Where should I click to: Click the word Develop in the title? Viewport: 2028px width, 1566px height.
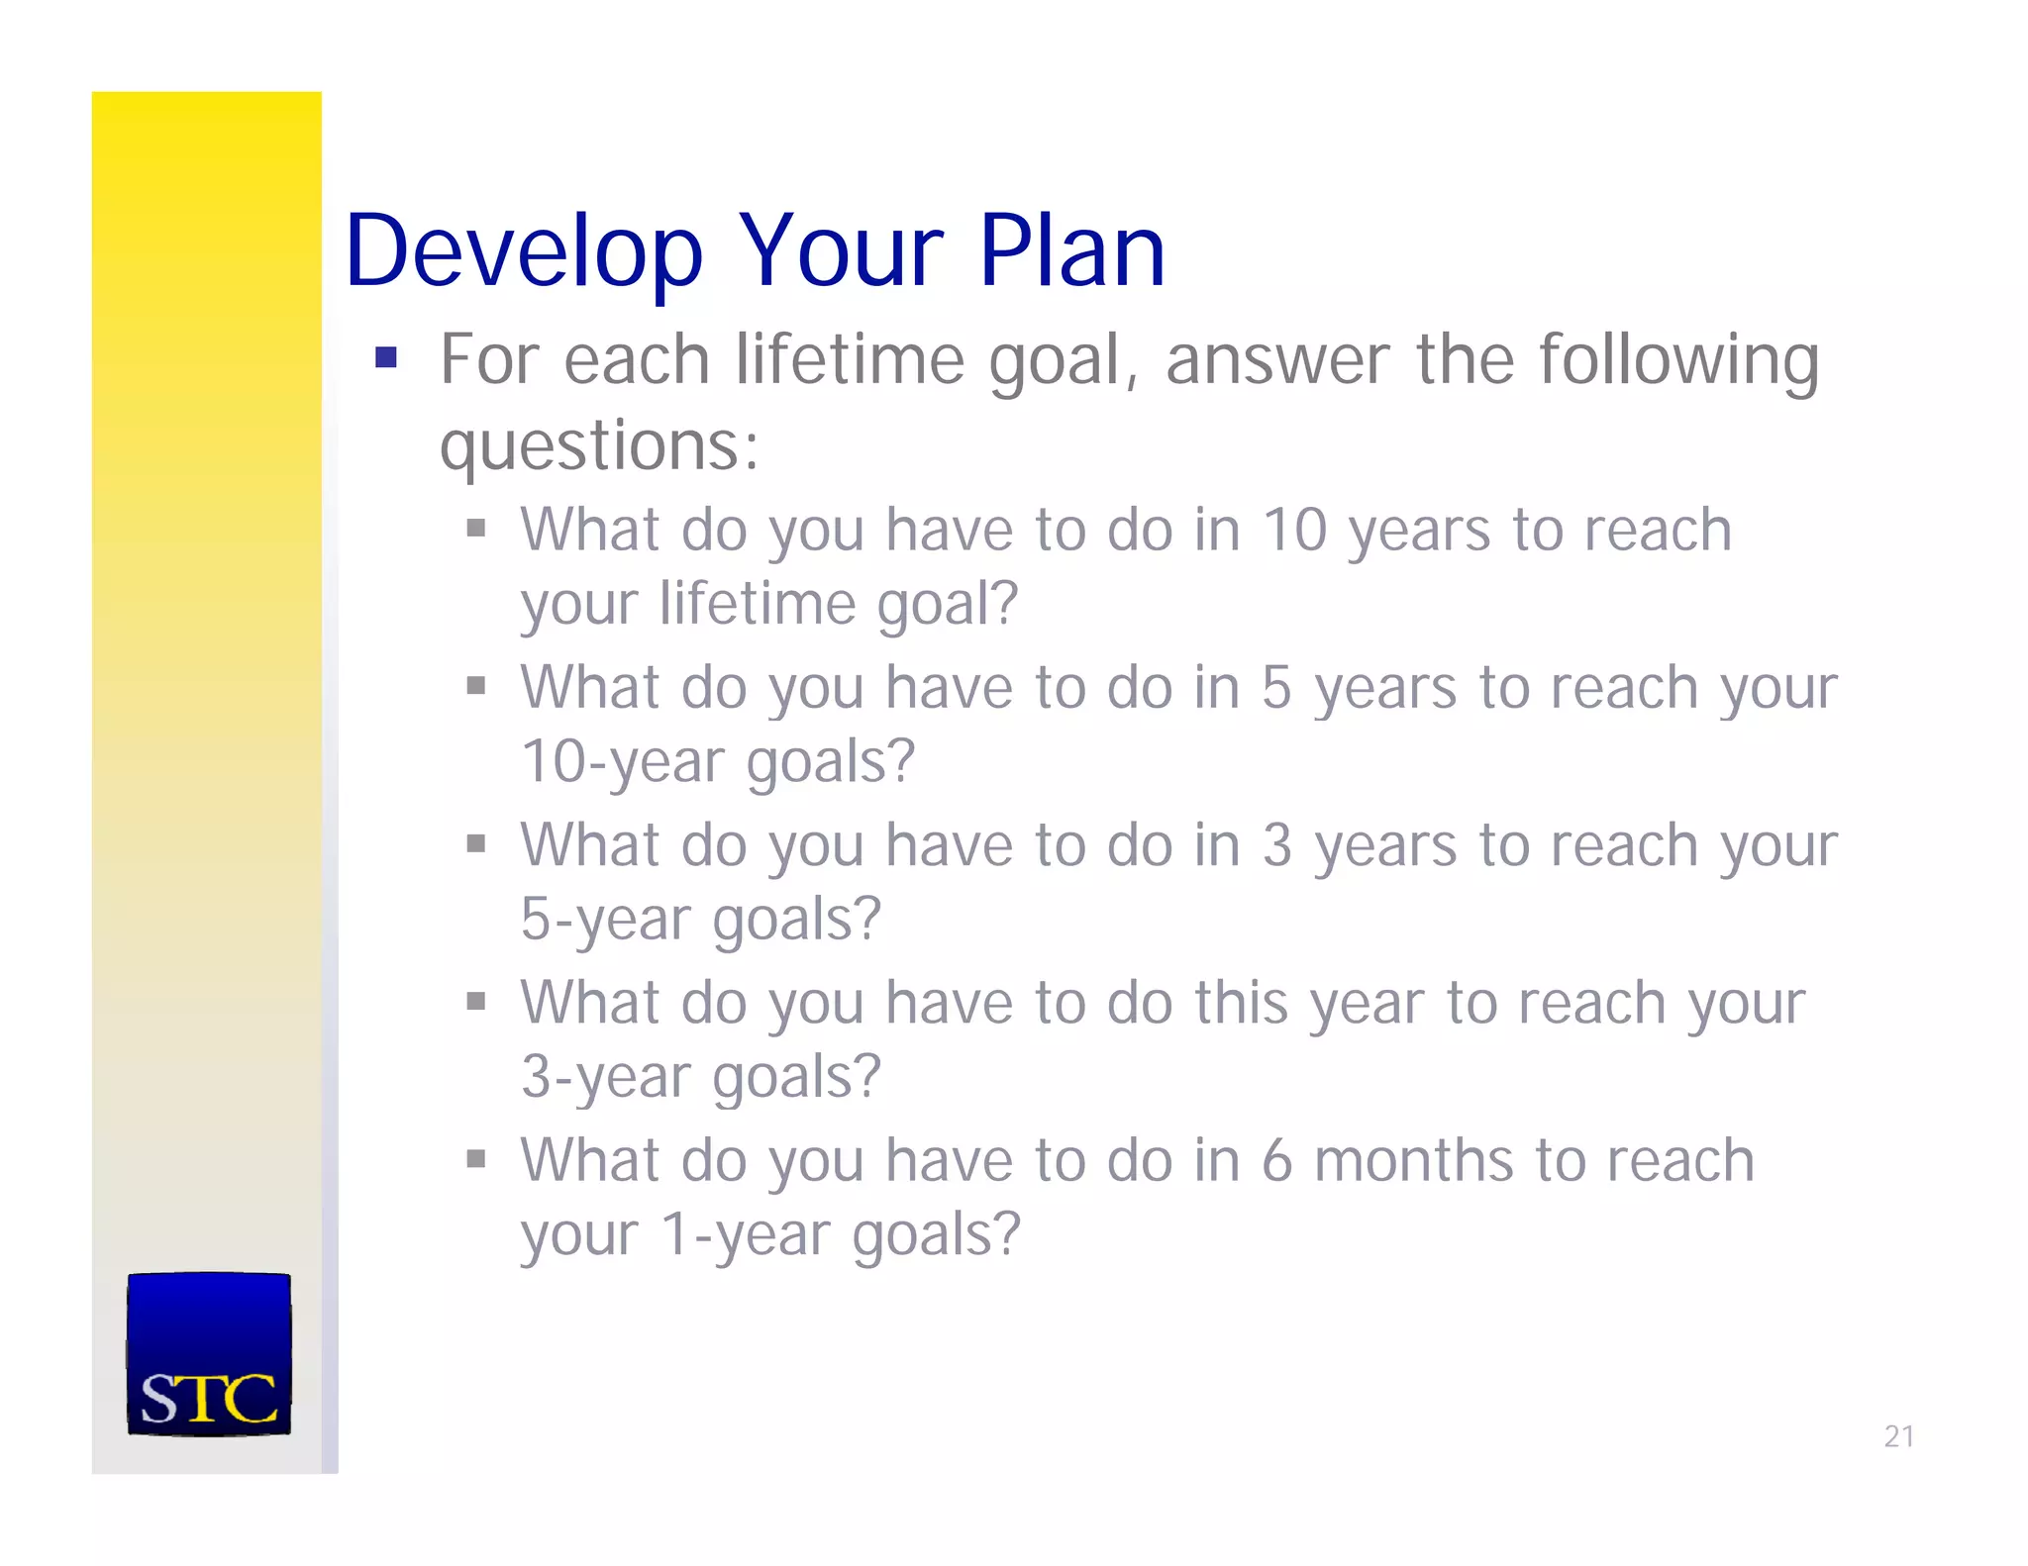pyautogui.click(x=523, y=252)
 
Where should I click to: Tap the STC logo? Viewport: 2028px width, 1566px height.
pyautogui.click(x=209, y=1354)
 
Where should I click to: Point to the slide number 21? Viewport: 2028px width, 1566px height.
pyautogui.click(x=1898, y=1436)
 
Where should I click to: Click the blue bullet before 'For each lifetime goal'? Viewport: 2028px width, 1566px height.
pyautogui.click(x=386, y=357)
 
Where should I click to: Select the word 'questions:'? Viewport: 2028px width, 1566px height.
pyautogui.click(x=599, y=446)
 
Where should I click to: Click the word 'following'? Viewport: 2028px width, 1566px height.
pyautogui.click(x=1678, y=360)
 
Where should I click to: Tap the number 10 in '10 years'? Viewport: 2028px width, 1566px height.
pyautogui.click(x=1294, y=530)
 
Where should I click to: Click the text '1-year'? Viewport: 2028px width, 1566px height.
pyautogui.click(x=746, y=1234)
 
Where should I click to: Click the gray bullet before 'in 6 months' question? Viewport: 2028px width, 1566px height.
pyautogui.click(x=476, y=1158)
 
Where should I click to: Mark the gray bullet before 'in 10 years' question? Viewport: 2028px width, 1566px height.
pyautogui.click(x=476, y=528)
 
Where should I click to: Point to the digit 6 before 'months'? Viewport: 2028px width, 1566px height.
pyautogui.click(x=1276, y=1161)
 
